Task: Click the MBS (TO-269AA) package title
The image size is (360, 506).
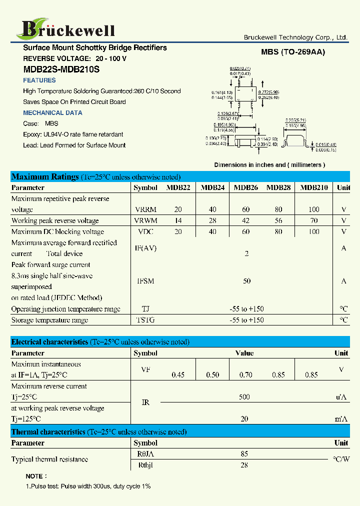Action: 292,52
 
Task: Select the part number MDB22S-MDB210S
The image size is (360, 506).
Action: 61,70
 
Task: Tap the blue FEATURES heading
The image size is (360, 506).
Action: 39,80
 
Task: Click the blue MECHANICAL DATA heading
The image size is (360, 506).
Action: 52,113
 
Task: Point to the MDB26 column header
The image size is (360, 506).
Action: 246,188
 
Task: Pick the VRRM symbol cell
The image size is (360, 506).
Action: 145,209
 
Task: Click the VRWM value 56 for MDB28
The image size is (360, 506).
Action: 278,220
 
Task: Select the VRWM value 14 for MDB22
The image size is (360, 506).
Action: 178,220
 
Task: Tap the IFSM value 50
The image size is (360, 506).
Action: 246,281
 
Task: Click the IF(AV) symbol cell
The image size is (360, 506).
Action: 145,248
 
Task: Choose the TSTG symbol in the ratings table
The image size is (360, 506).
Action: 145,320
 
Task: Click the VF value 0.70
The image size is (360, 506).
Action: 246,375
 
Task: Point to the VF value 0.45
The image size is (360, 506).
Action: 178,375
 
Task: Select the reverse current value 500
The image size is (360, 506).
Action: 244,397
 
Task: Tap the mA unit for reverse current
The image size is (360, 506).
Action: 341,419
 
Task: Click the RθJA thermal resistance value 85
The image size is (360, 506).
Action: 244,454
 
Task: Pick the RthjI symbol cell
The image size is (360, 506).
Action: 145,465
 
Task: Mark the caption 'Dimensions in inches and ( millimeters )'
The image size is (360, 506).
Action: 269,165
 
